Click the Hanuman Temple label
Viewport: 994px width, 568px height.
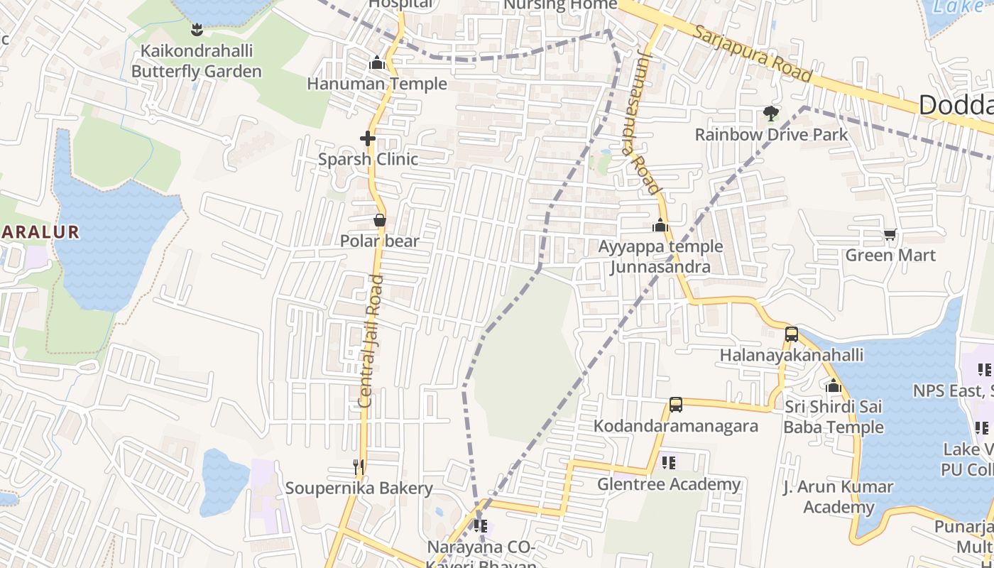[377, 84]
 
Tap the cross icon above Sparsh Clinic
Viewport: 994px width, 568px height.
[367, 138]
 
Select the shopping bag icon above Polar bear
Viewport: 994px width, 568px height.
[380, 220]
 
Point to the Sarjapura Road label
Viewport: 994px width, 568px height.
[753, 54]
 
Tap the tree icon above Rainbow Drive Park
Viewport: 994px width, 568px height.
[770, 113]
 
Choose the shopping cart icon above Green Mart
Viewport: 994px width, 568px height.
[890, 234]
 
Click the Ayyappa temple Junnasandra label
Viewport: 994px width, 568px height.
[660, 256]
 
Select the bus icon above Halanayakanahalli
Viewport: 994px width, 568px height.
[792, 334]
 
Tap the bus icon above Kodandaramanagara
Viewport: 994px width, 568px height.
[676, 405]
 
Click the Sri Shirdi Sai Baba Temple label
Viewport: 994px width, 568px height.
[834, 417]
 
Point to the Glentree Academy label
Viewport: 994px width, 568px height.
[669, 484]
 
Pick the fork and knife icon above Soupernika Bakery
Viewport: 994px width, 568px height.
[359, 466]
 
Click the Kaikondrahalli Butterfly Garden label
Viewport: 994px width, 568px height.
[196, 61]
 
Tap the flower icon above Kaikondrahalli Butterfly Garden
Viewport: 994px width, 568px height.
[197, 30]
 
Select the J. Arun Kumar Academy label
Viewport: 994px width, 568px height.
[838, 497]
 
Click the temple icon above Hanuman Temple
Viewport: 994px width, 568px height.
[377, 63]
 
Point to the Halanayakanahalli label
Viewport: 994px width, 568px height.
[792, 355]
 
